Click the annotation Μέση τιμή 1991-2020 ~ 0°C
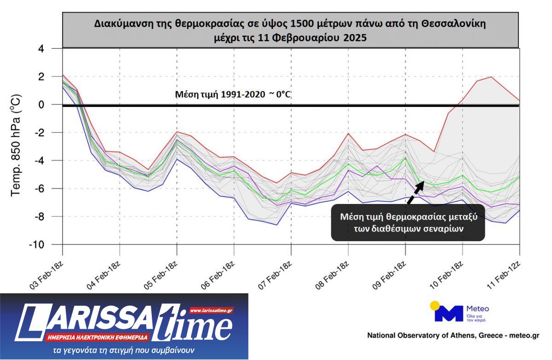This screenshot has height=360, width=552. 233,95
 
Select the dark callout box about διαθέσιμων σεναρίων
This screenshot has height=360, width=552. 408,223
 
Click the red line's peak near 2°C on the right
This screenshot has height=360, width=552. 491,77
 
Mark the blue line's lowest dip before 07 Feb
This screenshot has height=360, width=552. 276,225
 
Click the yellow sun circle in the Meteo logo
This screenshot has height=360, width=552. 435,305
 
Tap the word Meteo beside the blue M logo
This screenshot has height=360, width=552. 477,308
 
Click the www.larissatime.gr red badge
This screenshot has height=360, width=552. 211,311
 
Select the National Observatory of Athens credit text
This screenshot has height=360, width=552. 453,336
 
